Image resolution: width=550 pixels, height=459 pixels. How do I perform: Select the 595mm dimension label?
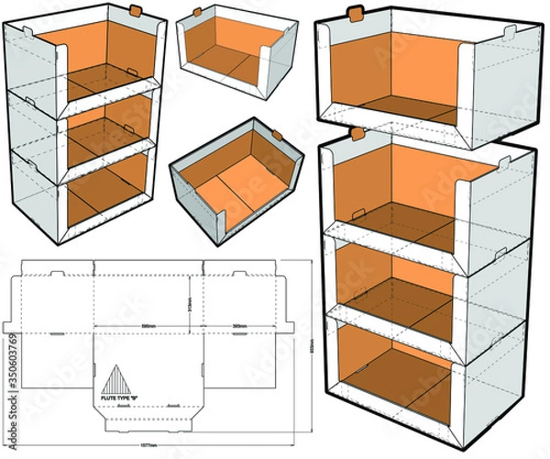[x=148, y=325]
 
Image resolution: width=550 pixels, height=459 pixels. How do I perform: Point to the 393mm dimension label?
[x=240, y=325]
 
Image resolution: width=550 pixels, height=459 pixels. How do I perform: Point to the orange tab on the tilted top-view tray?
[x=279, y=133]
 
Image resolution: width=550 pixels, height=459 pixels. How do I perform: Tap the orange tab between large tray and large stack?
[x=357, y=134]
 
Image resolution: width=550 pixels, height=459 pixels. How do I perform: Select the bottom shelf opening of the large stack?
[x=394, y=363]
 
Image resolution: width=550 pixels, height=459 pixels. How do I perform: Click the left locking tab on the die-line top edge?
[x=56, y=274]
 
